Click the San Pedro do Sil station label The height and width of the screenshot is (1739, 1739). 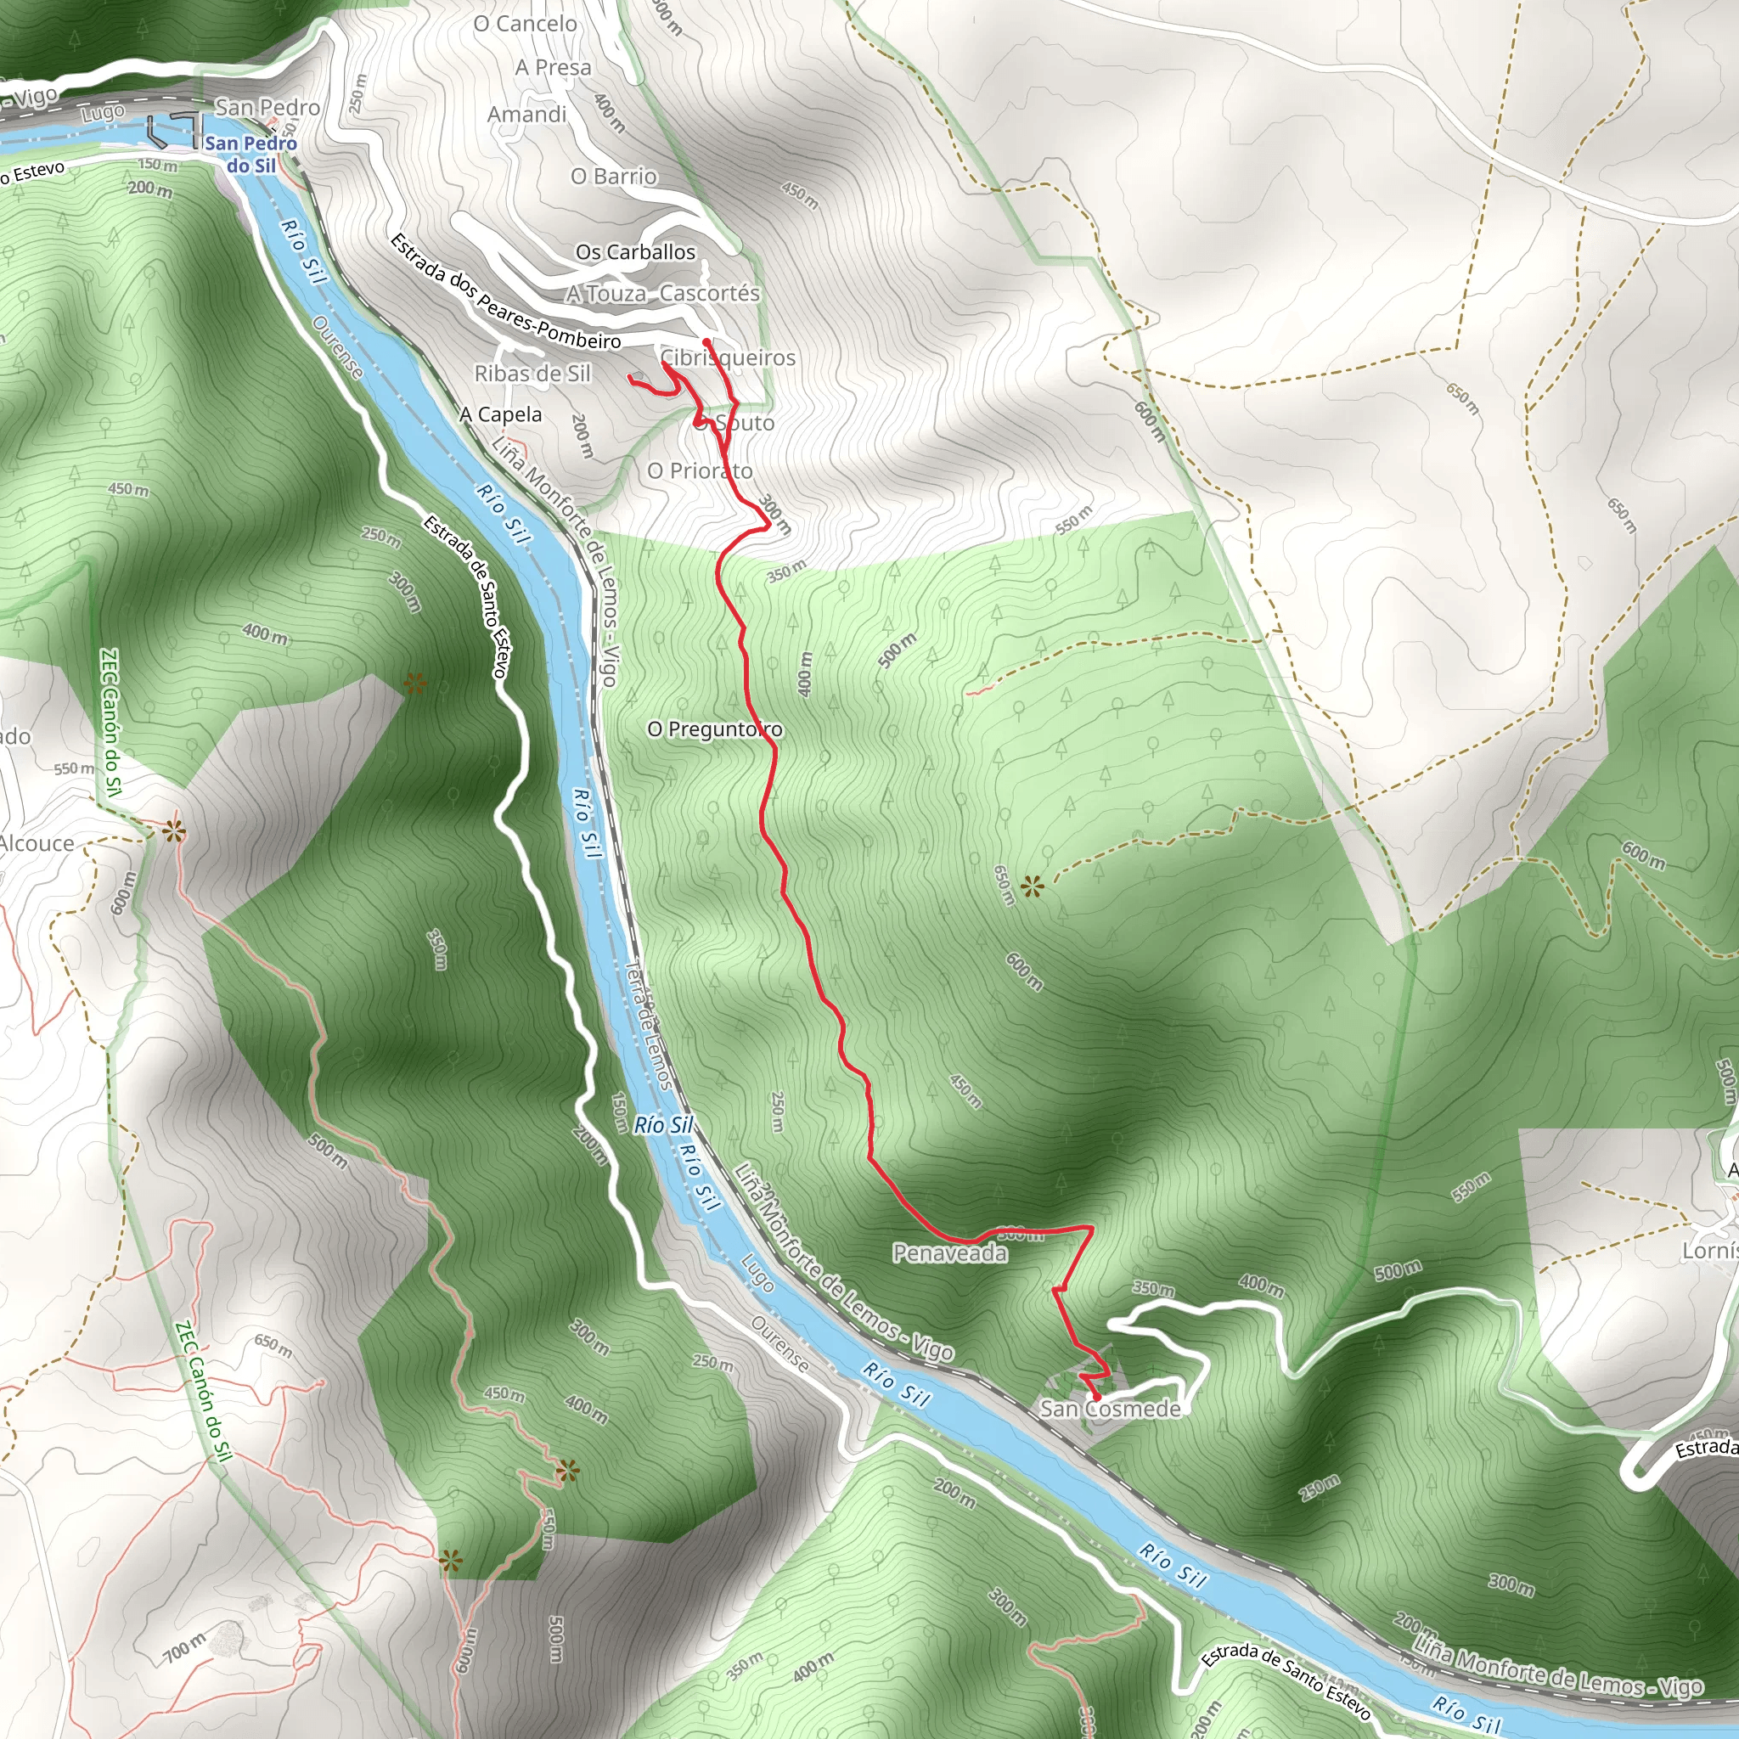(x=250, y=154)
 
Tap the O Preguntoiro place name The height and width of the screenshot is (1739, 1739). (x=715, y=729)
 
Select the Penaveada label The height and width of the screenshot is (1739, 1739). (x=949, y=1253)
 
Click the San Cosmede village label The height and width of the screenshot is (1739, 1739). (x=1110, y=1409)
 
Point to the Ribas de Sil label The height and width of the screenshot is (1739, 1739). (x=532, y=374)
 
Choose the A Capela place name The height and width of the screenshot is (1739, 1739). (x=501, y=415)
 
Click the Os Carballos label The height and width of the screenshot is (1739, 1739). (x=635, y=252)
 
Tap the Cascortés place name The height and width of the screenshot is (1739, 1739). (x=709, y=294)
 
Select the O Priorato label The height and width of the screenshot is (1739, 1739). (x=700, y=470)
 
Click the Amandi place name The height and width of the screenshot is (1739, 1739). (x=526, y=115)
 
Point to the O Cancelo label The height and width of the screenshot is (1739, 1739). (x=525, y=24)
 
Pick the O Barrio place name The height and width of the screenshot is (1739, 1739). (x=614, y=177)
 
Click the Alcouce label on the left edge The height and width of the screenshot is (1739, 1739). (x=36, y=843)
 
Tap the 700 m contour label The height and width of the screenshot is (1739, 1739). (x=184, y=1648)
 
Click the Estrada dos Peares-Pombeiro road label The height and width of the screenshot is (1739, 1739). (x=505, y=291)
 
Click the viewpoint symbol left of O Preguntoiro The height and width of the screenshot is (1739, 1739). (x=415, y=684)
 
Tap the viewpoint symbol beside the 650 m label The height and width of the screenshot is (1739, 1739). (x=1033, y=887)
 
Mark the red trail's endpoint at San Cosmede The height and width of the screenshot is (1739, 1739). (x=1096, y=1396)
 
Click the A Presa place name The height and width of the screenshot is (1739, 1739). (x=553, y=68)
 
